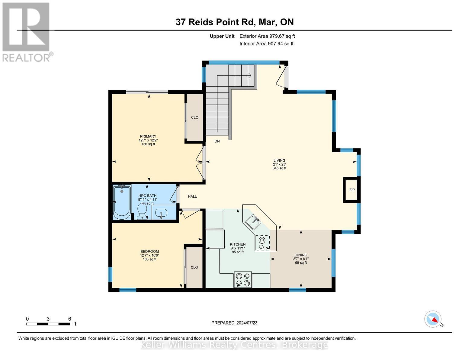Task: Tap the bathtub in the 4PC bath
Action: click(122, 202)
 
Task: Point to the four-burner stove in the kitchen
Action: click(243, 280)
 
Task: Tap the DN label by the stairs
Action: click(217, 141)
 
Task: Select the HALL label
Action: click(192, 196)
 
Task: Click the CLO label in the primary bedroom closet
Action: click(195, 117)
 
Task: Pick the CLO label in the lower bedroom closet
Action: click(194, 267)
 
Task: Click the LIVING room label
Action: click(279, 160)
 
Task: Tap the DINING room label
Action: click(301, 255)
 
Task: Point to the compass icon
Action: click(433, 319)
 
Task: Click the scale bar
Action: click(48, 324)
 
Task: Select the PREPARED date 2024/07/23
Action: click(234, 323)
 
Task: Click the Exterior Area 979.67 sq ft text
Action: click(267, 36)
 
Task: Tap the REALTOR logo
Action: click(27, 32)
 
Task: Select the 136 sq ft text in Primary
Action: click(148, 144)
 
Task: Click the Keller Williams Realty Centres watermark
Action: click(234, 345)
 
